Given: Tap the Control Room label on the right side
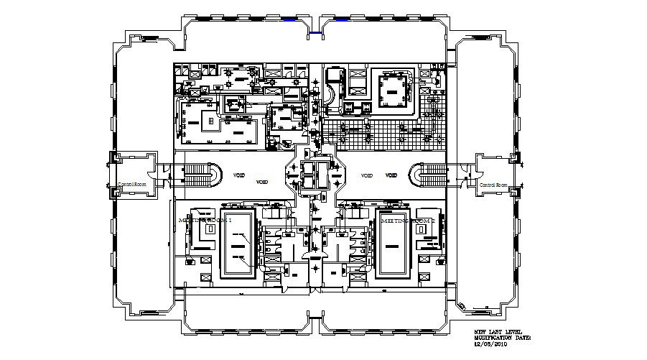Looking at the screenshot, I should click(493, 185).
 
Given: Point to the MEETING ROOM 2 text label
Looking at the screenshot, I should click(409, 222).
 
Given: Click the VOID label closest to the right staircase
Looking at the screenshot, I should click(392, 175).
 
